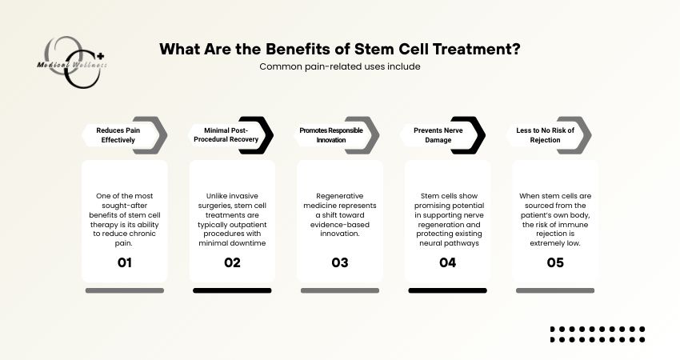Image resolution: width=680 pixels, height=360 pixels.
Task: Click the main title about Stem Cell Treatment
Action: (x=340, y=49)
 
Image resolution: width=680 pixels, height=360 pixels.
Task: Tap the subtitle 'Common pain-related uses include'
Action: (x=340, y=66)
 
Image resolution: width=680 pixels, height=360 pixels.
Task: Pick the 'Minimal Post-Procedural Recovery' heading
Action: (x=226, y=134)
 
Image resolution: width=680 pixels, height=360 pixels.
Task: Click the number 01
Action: (x=124, y=262)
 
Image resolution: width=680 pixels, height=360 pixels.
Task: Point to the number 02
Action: (x=232, y=262)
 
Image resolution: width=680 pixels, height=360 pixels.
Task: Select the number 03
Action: (x=339, y=262)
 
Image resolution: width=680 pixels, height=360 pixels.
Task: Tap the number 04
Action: (x=447, y=262)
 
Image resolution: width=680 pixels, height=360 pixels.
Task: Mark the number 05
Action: (x=554, y=262)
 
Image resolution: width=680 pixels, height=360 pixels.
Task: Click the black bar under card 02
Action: (x=232, y=290)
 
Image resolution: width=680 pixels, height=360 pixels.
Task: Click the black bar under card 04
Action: (x=447, y=290)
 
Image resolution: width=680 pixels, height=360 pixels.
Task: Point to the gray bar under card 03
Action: (x=339, y=290)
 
